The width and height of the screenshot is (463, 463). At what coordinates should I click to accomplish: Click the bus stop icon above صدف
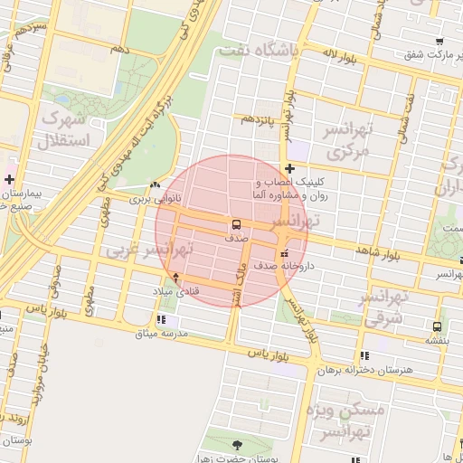[236, 223]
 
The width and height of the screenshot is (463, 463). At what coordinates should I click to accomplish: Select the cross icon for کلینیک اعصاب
[288, 168]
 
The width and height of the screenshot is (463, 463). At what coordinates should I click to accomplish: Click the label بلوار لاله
[342, 59]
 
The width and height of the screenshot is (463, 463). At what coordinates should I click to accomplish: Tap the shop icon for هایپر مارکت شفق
[439, 43]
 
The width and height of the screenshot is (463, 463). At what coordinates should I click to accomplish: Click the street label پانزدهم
[255, 118]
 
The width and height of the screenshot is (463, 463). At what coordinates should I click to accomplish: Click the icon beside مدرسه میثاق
[161, 319]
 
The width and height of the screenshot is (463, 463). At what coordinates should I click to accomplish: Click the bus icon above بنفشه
[438, 326]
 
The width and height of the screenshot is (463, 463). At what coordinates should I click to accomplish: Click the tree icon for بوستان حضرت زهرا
[238, 445]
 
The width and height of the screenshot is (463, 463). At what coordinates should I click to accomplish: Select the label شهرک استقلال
[63, 129]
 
